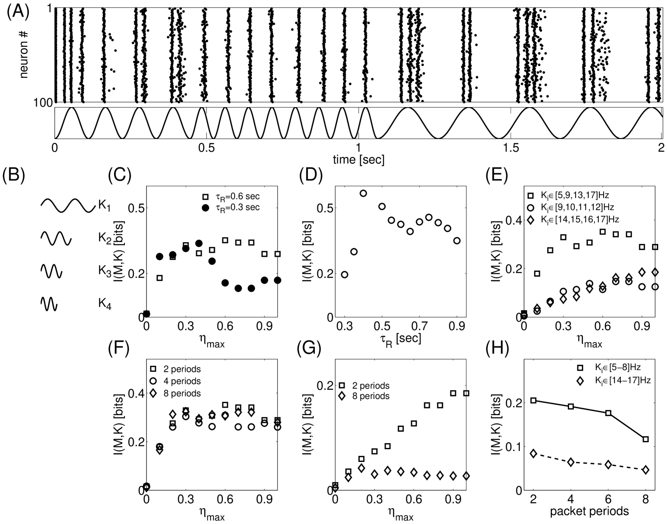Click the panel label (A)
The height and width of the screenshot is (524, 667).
point(18,11)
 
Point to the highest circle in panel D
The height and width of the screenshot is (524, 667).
point(363,193)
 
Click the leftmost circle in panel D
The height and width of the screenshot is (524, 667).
point(345,274)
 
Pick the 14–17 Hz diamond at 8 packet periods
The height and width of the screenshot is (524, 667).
point(646,470)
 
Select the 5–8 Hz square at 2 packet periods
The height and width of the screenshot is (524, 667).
point(533,400)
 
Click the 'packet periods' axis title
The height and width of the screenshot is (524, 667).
point(589,511)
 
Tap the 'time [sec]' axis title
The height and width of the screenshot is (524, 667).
point(358,160)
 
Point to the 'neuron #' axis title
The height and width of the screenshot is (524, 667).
point(24,55)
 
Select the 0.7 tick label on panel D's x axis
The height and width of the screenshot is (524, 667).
point(420,326)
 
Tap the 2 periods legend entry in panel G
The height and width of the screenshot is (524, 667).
point(365,386)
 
